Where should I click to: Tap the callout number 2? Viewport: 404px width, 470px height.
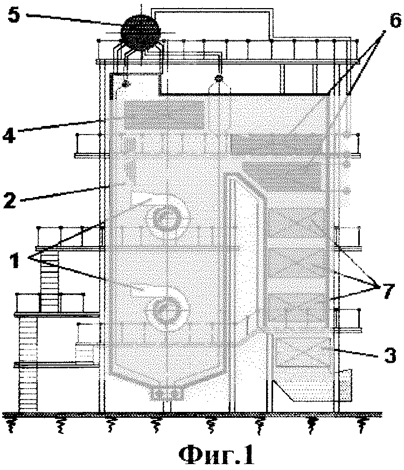point(9,200)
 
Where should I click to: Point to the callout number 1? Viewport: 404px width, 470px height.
point(14,260)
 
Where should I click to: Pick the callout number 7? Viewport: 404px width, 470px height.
point(387,290)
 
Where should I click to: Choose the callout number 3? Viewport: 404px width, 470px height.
point(390,356)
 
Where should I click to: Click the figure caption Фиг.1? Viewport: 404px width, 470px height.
point(217,454)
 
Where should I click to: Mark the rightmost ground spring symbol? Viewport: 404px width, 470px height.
point(363,425)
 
